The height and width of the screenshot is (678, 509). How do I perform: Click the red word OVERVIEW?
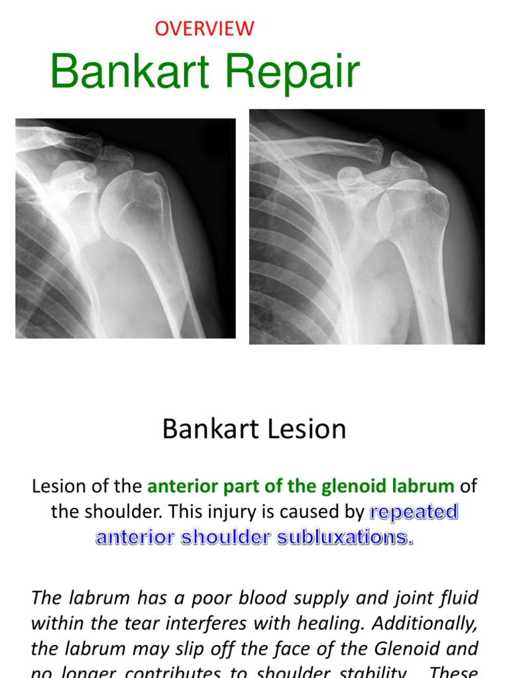pyautogui.click(x=204, y=28)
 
